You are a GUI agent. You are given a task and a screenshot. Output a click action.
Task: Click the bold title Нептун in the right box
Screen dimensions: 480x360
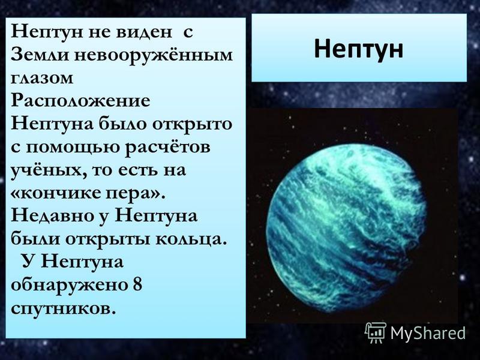click(358, 49)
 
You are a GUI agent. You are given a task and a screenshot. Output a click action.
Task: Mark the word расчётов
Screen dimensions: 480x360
click(167, 148)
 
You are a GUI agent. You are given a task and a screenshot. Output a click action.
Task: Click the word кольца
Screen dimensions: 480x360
click(192, 239)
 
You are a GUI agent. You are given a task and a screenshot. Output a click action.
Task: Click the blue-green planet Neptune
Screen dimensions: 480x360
click(346, 228)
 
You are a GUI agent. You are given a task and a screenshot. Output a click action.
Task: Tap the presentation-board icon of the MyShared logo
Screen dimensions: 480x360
click(376, 333)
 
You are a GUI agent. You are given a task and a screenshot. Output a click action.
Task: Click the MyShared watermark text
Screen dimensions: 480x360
click(428, 333)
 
